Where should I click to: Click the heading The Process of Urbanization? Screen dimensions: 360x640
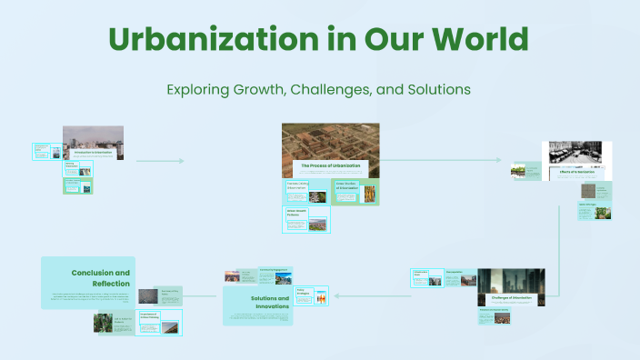(x=331, y=165)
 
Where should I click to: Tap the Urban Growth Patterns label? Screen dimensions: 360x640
(x=296, y=215)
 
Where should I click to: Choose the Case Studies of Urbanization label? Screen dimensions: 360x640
(x=349, y=185)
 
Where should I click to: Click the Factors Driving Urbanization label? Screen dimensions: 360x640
(x=296, y=186)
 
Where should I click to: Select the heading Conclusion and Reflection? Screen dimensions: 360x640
(x=100, y=277)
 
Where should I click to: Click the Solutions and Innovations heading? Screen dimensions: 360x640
(x=270, y=302)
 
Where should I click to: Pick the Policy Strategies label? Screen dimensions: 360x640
(x=304, y=292)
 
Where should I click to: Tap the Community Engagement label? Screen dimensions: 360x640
(x=278, y=270)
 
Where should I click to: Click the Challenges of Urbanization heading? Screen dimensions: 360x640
(x=510, y=297)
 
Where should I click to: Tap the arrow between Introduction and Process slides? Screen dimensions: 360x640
(x=160, y=161)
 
